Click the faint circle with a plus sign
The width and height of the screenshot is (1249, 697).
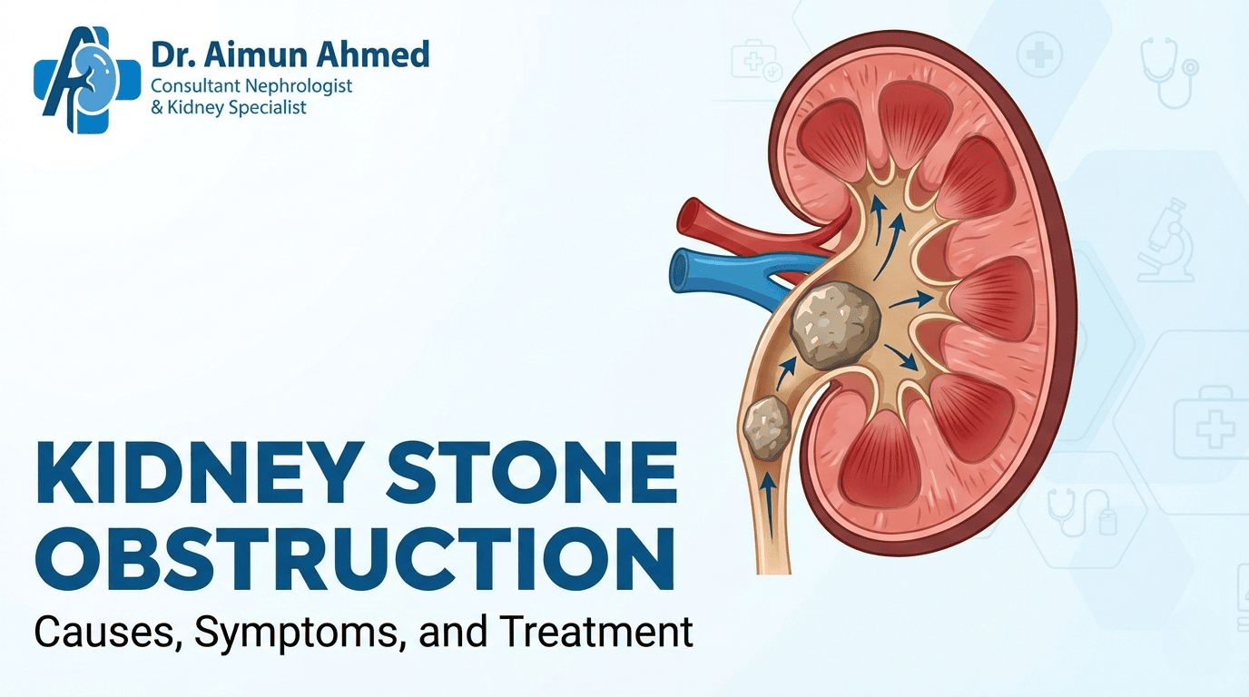pos(1039,55)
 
